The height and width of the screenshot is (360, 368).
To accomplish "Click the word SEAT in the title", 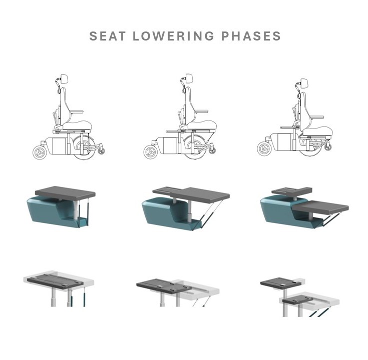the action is click(x=107, y=36).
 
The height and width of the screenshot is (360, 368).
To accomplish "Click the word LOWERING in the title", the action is click(x=173, y=36).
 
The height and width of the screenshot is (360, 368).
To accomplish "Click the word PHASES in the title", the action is click(x=251, y=36).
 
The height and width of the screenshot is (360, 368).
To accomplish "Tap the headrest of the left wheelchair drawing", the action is click(x=65, y=78).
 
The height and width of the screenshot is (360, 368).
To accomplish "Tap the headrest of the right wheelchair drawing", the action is click(x=304, y=83).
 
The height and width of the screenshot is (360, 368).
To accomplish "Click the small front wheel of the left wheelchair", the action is click(x=41, y=152).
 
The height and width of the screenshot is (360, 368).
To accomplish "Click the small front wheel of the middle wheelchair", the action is click(x=151, y=152).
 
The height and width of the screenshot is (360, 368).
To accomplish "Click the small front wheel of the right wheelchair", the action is click(x=265, y=148).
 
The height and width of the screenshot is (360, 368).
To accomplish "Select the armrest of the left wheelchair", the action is click(x=76, y=112).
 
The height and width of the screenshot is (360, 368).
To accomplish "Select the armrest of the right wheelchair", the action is click(x=316, y=116).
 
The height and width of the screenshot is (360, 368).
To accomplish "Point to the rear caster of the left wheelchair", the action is click(x=101, y=150).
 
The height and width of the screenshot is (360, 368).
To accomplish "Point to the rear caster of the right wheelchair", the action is click(x=328, y=147).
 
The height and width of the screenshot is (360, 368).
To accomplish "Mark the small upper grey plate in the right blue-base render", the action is click(x=291, y=191).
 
